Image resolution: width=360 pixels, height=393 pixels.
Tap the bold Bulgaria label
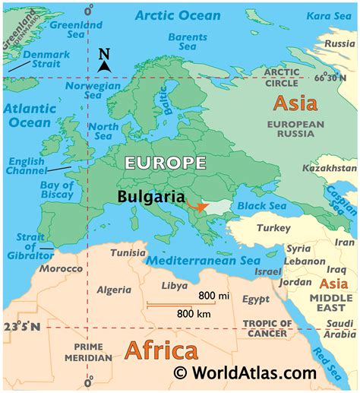pos(151,196)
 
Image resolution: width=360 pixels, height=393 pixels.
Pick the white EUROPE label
pos(165,163)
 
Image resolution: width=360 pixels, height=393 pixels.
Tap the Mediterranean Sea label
pos(203,261)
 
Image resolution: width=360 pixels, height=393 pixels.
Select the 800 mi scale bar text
pos(213,295)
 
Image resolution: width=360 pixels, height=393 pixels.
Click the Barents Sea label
pos(187,42)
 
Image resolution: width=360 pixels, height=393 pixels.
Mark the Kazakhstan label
pos(329,167)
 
